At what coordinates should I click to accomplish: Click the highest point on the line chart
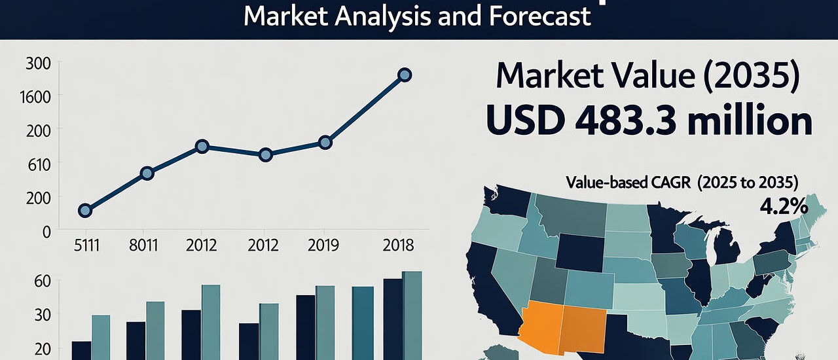pyautogui.click(x=405, y=75)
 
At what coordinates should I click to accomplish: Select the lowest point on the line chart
pyautogui.click(x=84, y=210)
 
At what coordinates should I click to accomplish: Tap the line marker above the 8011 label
pyautogui.click(x=147, y=173)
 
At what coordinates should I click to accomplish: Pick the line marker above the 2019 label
pyautogui.click(x=325, y=143)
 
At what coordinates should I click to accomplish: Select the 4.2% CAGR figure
pyautogui.click(x=783, y=207)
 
